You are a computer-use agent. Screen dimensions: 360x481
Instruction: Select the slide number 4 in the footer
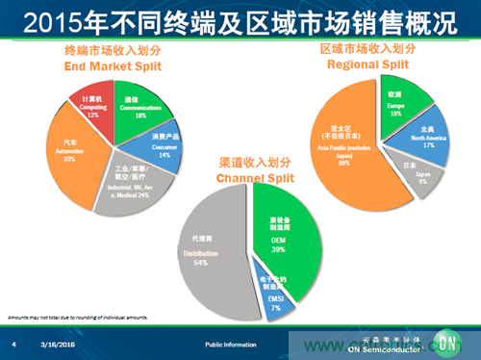coord(14,344)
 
